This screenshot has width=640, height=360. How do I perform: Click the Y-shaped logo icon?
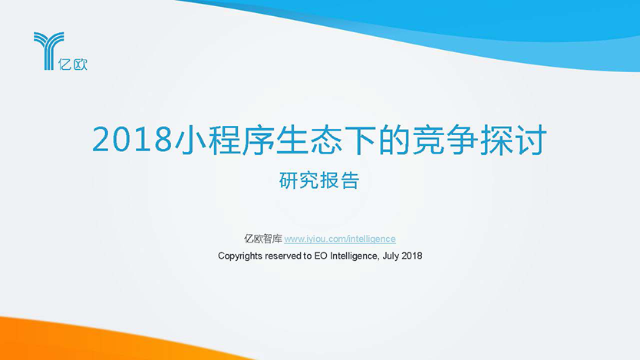coord(48,51)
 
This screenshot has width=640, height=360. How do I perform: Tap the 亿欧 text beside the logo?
coord(73,64)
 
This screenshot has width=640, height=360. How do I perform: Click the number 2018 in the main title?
coord(132,140)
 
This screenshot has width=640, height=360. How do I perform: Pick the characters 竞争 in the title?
coord(445,140)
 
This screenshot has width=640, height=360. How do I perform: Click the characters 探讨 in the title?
coord(513,140)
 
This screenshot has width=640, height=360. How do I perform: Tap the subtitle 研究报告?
coord(319,180)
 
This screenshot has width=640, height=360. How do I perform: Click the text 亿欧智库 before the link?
coord(263,239)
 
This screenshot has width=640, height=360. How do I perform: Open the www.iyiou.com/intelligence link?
coord(340,239)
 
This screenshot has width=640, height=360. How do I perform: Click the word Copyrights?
coord(240,256)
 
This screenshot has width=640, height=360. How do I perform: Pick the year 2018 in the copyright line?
coord(412,256)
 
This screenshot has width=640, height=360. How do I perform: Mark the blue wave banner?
coord(449,28)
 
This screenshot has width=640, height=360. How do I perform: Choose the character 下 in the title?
coord(361,140)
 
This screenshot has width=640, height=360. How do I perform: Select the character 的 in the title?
coord(394,140)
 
